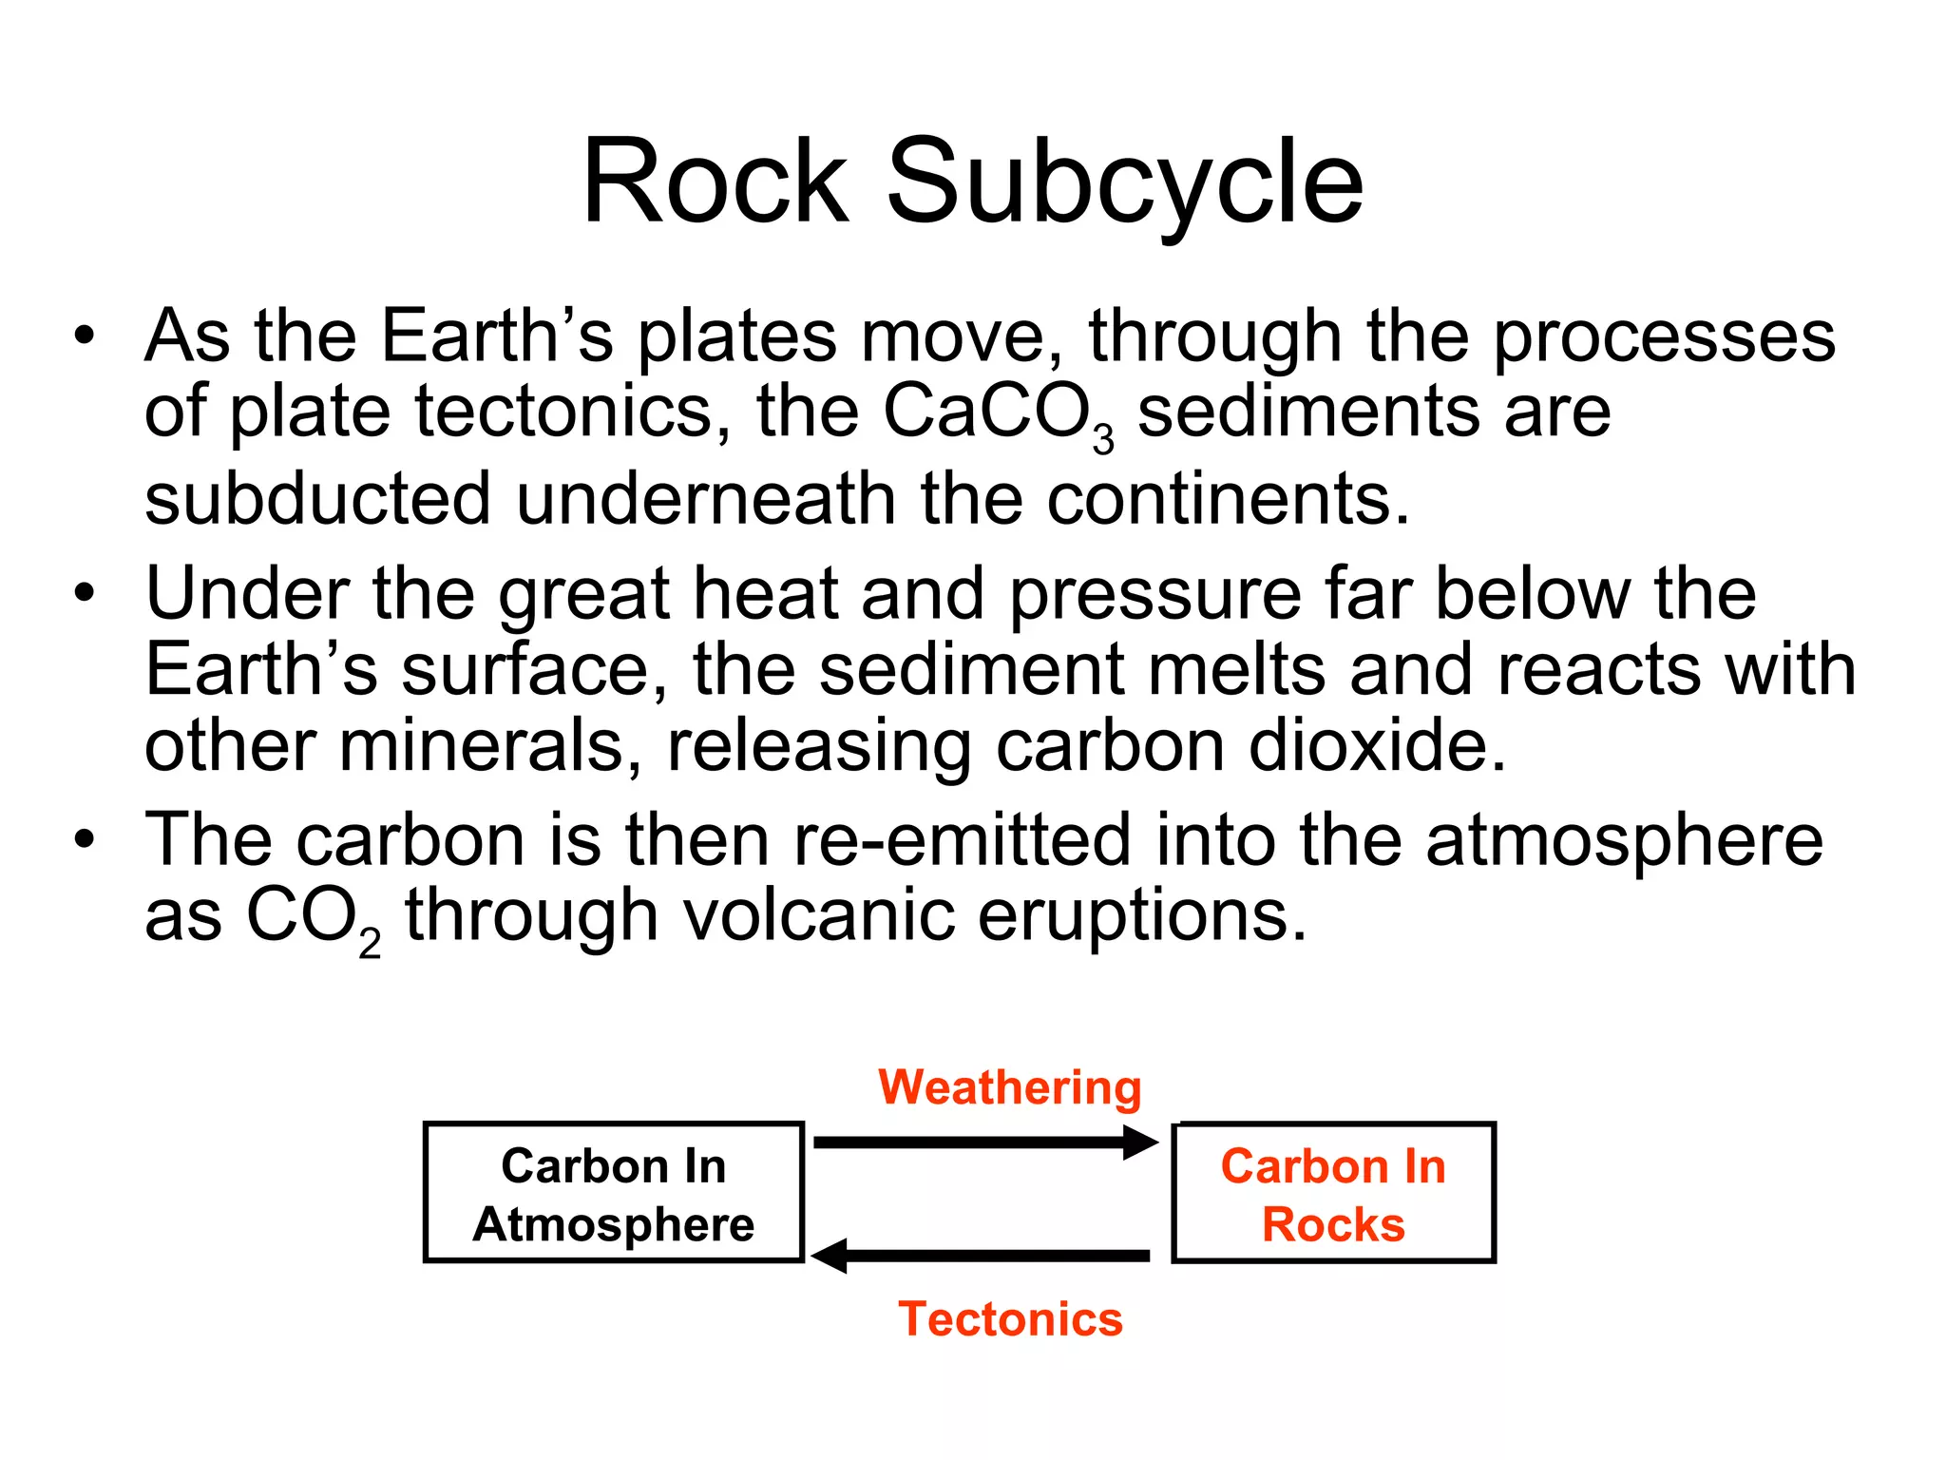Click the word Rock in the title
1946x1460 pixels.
coord(715,181)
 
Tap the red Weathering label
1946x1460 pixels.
coord(1009,1087)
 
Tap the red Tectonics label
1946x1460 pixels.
coord(1010,1318)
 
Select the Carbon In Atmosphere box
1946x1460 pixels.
coord(614,1193)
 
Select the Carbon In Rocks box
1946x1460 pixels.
coord(1333,1193)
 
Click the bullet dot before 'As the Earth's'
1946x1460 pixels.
coord(85,336)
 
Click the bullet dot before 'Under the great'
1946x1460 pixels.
coord(85,593)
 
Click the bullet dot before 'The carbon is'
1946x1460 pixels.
coord(85,840)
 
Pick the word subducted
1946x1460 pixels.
coord(317,498)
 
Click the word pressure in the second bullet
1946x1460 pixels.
coord(1154,595)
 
